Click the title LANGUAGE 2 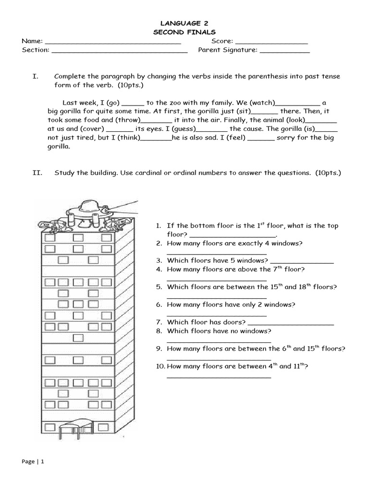pyautogui.click(x=184, y=23)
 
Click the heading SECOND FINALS pyautogui.click(x=184, y=32)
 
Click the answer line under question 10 pyautogui.click(x=219, y=377)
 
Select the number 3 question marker pyautogui.click(x=159, y=260)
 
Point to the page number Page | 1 pyautogui.click(x=33, y=461)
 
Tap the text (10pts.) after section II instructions pyautogui.click(x=328, y=173)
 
